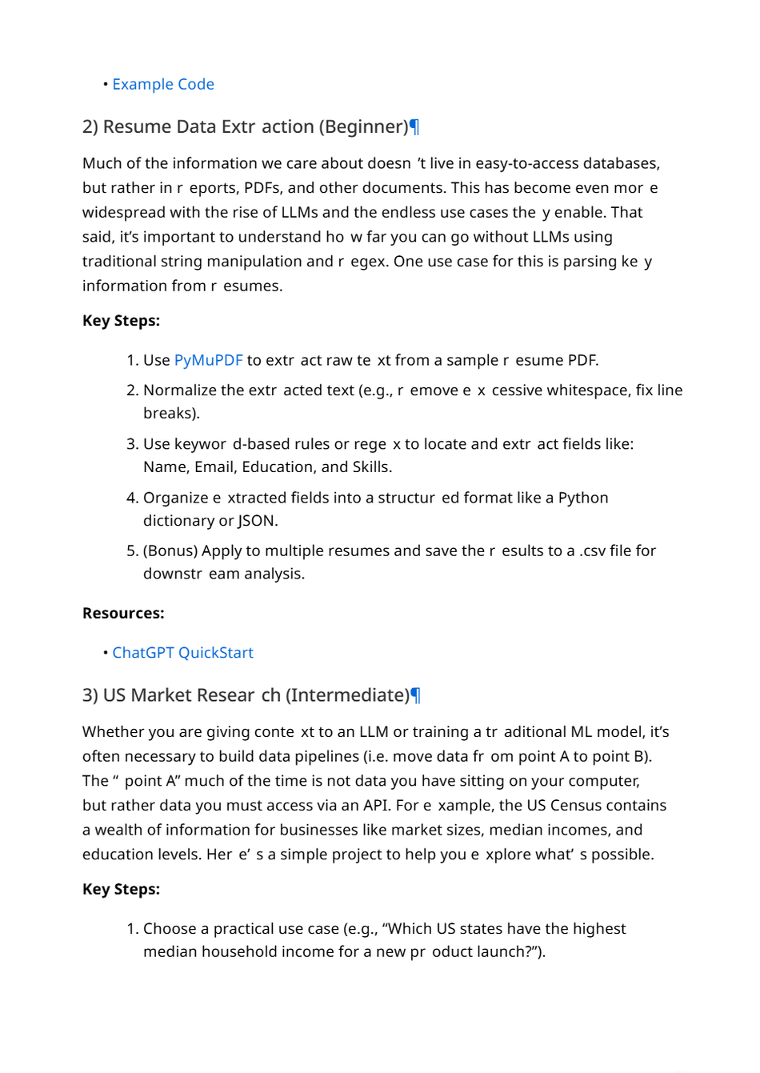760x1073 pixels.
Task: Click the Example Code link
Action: coord(163,84)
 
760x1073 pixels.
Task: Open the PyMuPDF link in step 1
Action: coord(208,360)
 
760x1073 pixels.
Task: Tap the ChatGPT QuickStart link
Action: coord(182,653)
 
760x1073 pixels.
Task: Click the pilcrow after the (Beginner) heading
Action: coord(414,127)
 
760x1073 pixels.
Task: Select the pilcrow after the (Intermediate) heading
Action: coord(415,695)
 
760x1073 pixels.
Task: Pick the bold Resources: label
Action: coord(123,614)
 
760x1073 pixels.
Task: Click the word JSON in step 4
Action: coord(257,521)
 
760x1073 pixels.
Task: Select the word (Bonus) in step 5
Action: coord(170,551)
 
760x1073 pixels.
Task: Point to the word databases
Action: coord(621,164)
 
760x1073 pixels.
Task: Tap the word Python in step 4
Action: coord(583,498)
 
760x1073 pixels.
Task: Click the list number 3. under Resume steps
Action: coord(133,444)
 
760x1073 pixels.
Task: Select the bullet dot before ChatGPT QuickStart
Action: coord(106,653)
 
